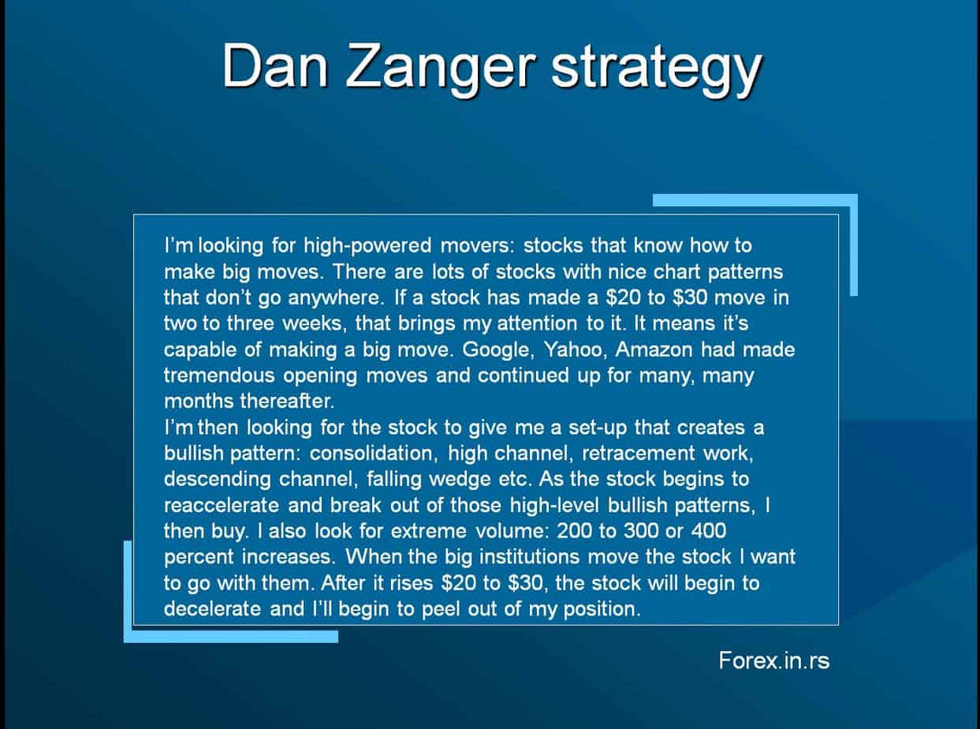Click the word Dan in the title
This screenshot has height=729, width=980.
pyautogui.click(x=275, y=66)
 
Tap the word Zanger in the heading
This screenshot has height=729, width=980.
pyautogui.click(x=441, y=71)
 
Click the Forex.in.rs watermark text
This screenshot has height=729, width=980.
pyautogui.click(x=773, y=660)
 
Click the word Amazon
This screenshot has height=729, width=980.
pyautogui.click(x=654, y=350)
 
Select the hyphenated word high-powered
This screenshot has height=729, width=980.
pyautogui.click(x=367, y=246)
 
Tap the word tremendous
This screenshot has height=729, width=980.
pyautogui.click(x=219, y=376)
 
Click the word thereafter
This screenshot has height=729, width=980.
pyautogui.click(x=287, y=402)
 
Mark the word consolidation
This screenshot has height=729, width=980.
pyautogui.click(x=374, y=454)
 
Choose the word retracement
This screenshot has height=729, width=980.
pyautogui.click(x=639, y=454)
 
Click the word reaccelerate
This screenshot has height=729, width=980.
pyautogui.click(x=222, y=505)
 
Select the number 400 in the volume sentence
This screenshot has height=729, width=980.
pyautogui.click(x=709, y=531)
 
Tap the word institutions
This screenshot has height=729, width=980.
pyautogui.click(x=529, y=557)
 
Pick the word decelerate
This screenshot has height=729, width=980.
pyautogui.click(x=213, y=609)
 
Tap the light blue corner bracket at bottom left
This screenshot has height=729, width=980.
pyautogui.click(x=129, y=636)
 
